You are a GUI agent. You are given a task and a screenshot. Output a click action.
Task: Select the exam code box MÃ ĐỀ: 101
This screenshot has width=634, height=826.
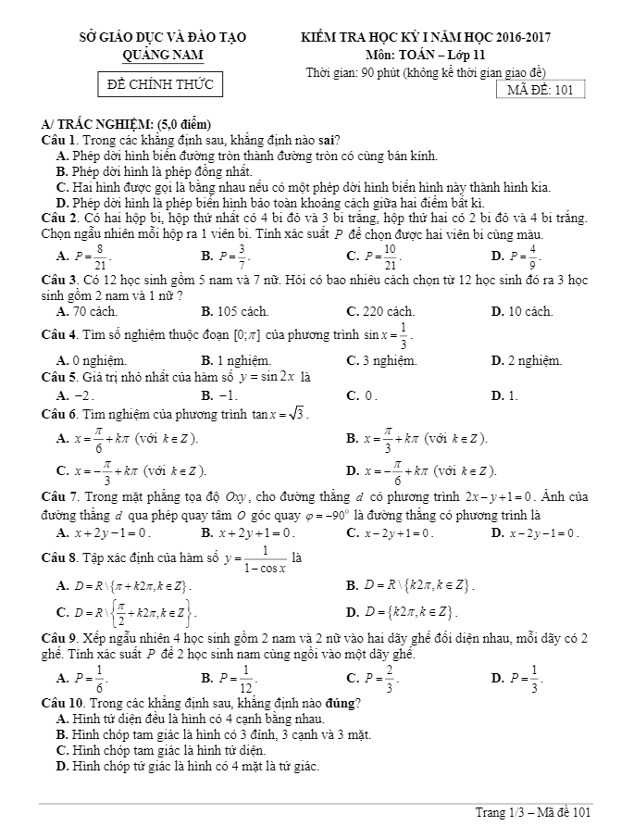click(541, 90)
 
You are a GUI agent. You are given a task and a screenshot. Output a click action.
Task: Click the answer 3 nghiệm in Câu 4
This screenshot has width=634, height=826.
click(386, 360)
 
